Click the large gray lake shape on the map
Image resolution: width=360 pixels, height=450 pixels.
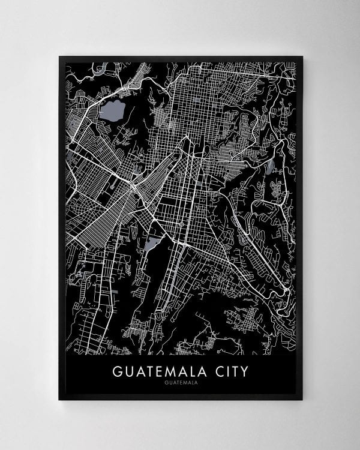112,111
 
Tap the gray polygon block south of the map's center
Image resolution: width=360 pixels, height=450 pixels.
152,243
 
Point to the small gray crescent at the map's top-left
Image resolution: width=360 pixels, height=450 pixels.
104,67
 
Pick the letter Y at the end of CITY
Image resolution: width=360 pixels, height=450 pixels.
244,371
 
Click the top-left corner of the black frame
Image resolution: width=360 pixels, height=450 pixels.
59,56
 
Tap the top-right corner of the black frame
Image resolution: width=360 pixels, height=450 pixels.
303,56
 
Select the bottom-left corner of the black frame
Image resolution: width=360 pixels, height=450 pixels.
59,400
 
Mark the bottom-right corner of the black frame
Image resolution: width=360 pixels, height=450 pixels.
303,400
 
